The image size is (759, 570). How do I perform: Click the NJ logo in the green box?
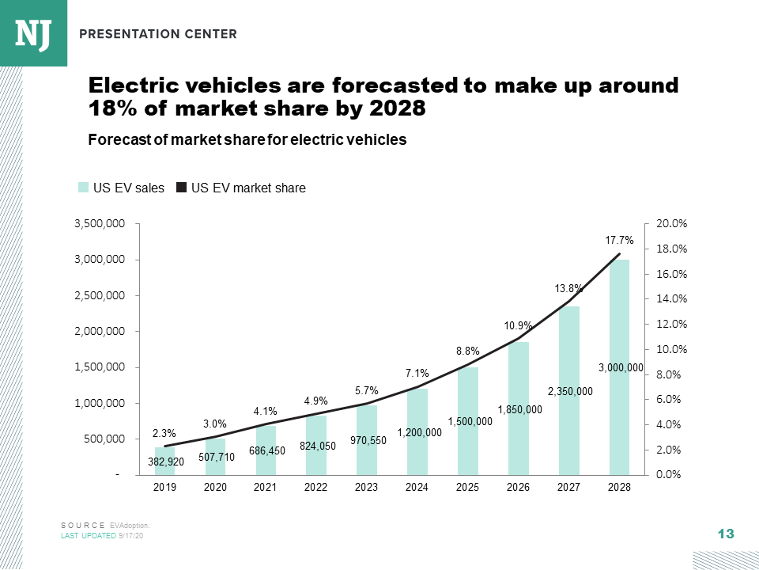pos(33,32)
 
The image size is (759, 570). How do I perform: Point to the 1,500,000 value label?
pos(470,422)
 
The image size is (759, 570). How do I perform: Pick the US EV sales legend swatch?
pos(83,188)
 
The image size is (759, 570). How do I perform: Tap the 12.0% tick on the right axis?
pos(671,325)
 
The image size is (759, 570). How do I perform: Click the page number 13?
pos(725,534)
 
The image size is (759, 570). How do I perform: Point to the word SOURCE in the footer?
pos(83,525)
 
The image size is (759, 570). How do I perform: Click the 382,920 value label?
pos(166,462)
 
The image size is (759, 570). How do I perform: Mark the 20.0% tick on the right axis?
pos(671,224)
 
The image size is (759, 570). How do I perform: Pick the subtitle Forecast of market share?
pos(247,140)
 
